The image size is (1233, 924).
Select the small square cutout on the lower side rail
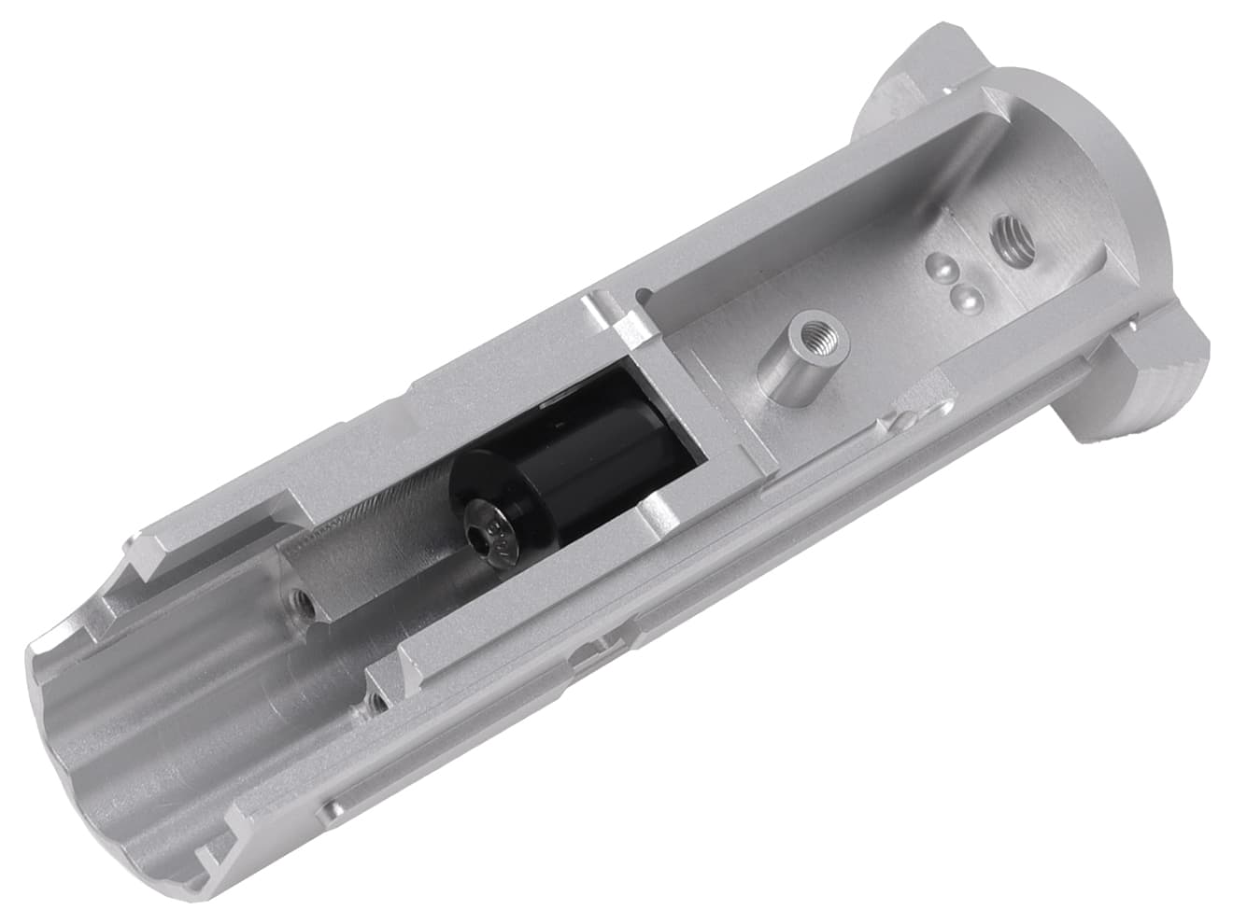tap(586, 653)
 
